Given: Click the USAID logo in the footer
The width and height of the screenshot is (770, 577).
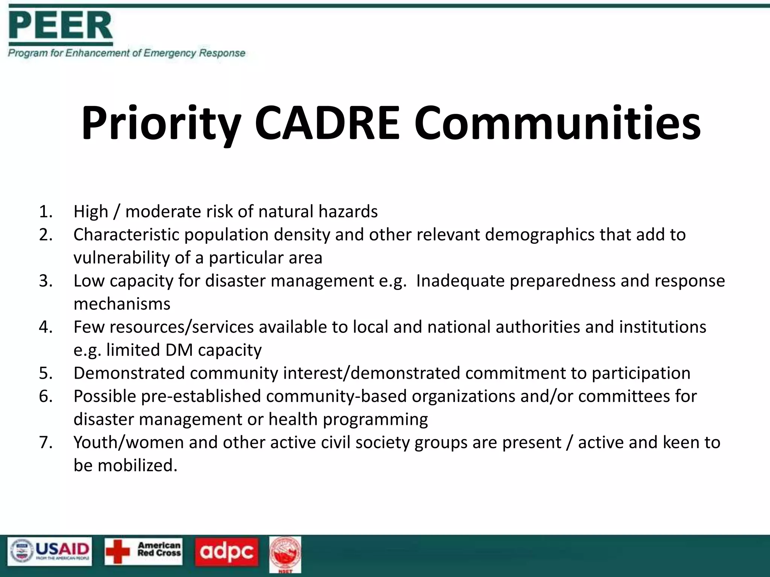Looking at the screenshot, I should click(50, 551).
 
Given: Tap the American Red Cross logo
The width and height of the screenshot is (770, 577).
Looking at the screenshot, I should click(144, 551).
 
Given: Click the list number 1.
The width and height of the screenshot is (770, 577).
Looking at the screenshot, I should click(45, 211).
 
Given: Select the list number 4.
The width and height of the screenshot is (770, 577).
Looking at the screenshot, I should click(45, 327).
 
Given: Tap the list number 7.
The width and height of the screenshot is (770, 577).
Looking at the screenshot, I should click(45, 443).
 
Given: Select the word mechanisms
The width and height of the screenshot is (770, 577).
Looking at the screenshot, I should click(122, 304).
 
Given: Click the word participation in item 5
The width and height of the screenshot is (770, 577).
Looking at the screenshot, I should click(641, 373).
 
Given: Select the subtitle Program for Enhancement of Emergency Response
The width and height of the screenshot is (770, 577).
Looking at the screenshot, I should click(127, 53).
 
